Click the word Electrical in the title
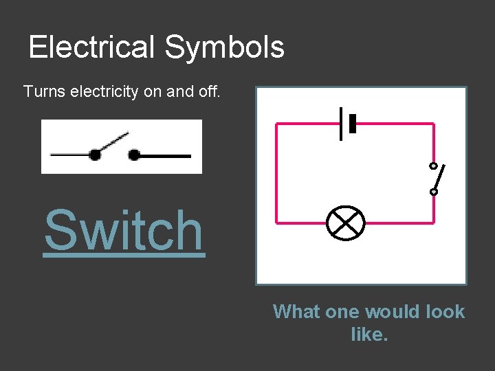(92, 47)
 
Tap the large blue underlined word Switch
(124, 231)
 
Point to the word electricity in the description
(103, 91)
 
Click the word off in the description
(208, 91)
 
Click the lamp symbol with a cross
(344, 223)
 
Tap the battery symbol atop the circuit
(348, 124)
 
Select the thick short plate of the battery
(353, 124)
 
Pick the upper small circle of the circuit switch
(433, 166)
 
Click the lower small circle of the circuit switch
(433, 192)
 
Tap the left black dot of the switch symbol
(95, 155)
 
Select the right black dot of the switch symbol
(135, 155)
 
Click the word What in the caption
(297, 312)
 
